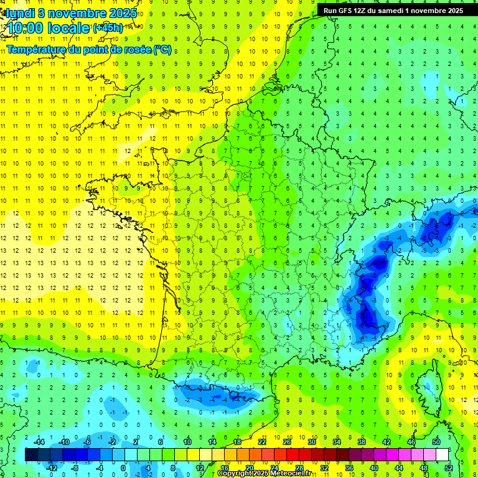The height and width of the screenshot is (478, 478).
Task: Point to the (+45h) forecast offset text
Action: pos(108,28)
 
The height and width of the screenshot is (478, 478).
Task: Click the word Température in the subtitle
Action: pos(36,50)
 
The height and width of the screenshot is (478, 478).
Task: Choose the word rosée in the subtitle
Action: pos(137,50)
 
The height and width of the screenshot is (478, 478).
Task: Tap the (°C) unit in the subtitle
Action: pos(162,50)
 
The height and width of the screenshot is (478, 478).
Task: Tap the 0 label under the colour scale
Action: pos(123,467)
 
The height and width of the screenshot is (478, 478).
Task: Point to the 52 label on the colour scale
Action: pos(449,467)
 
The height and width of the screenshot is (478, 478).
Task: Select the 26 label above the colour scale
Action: pos(287,442)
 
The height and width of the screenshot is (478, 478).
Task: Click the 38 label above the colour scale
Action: pos(362,442)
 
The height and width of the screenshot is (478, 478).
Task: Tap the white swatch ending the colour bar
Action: pos(443,454)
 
